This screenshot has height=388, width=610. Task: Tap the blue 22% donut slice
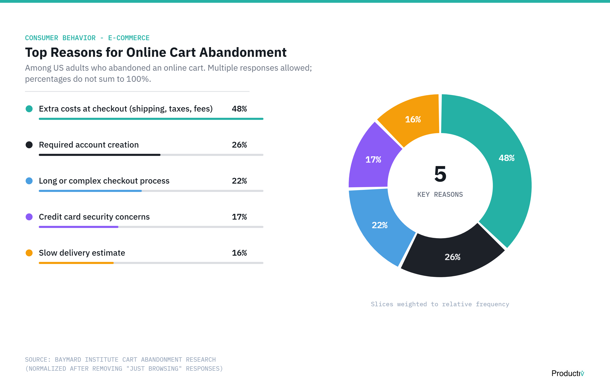tap(380, 225)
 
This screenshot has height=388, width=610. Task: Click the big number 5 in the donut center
tap(440, 174)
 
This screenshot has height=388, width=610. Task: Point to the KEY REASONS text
tap(440, 194)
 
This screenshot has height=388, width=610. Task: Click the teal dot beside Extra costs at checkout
tap(29, 109)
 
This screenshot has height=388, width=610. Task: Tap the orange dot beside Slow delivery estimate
tap(29, 253)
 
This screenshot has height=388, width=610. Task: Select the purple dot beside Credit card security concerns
tap(29, 217)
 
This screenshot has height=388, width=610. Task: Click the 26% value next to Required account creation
tap(239, 145)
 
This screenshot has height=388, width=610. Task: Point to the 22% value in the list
tap(239, 181)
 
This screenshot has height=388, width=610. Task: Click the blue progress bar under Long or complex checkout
tap(90, 191)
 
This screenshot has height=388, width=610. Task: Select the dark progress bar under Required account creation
tap(99, 155)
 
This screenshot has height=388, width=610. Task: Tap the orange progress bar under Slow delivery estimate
tap(76, 263)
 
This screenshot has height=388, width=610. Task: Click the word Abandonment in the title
tap(243, 52)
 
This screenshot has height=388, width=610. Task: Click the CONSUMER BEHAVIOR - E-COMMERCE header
tap(87, 38)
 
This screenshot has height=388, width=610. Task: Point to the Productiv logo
tap(567, 373)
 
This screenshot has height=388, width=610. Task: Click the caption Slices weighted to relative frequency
tap(440, 304)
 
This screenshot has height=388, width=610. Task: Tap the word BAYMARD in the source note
tap(68, 360)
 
